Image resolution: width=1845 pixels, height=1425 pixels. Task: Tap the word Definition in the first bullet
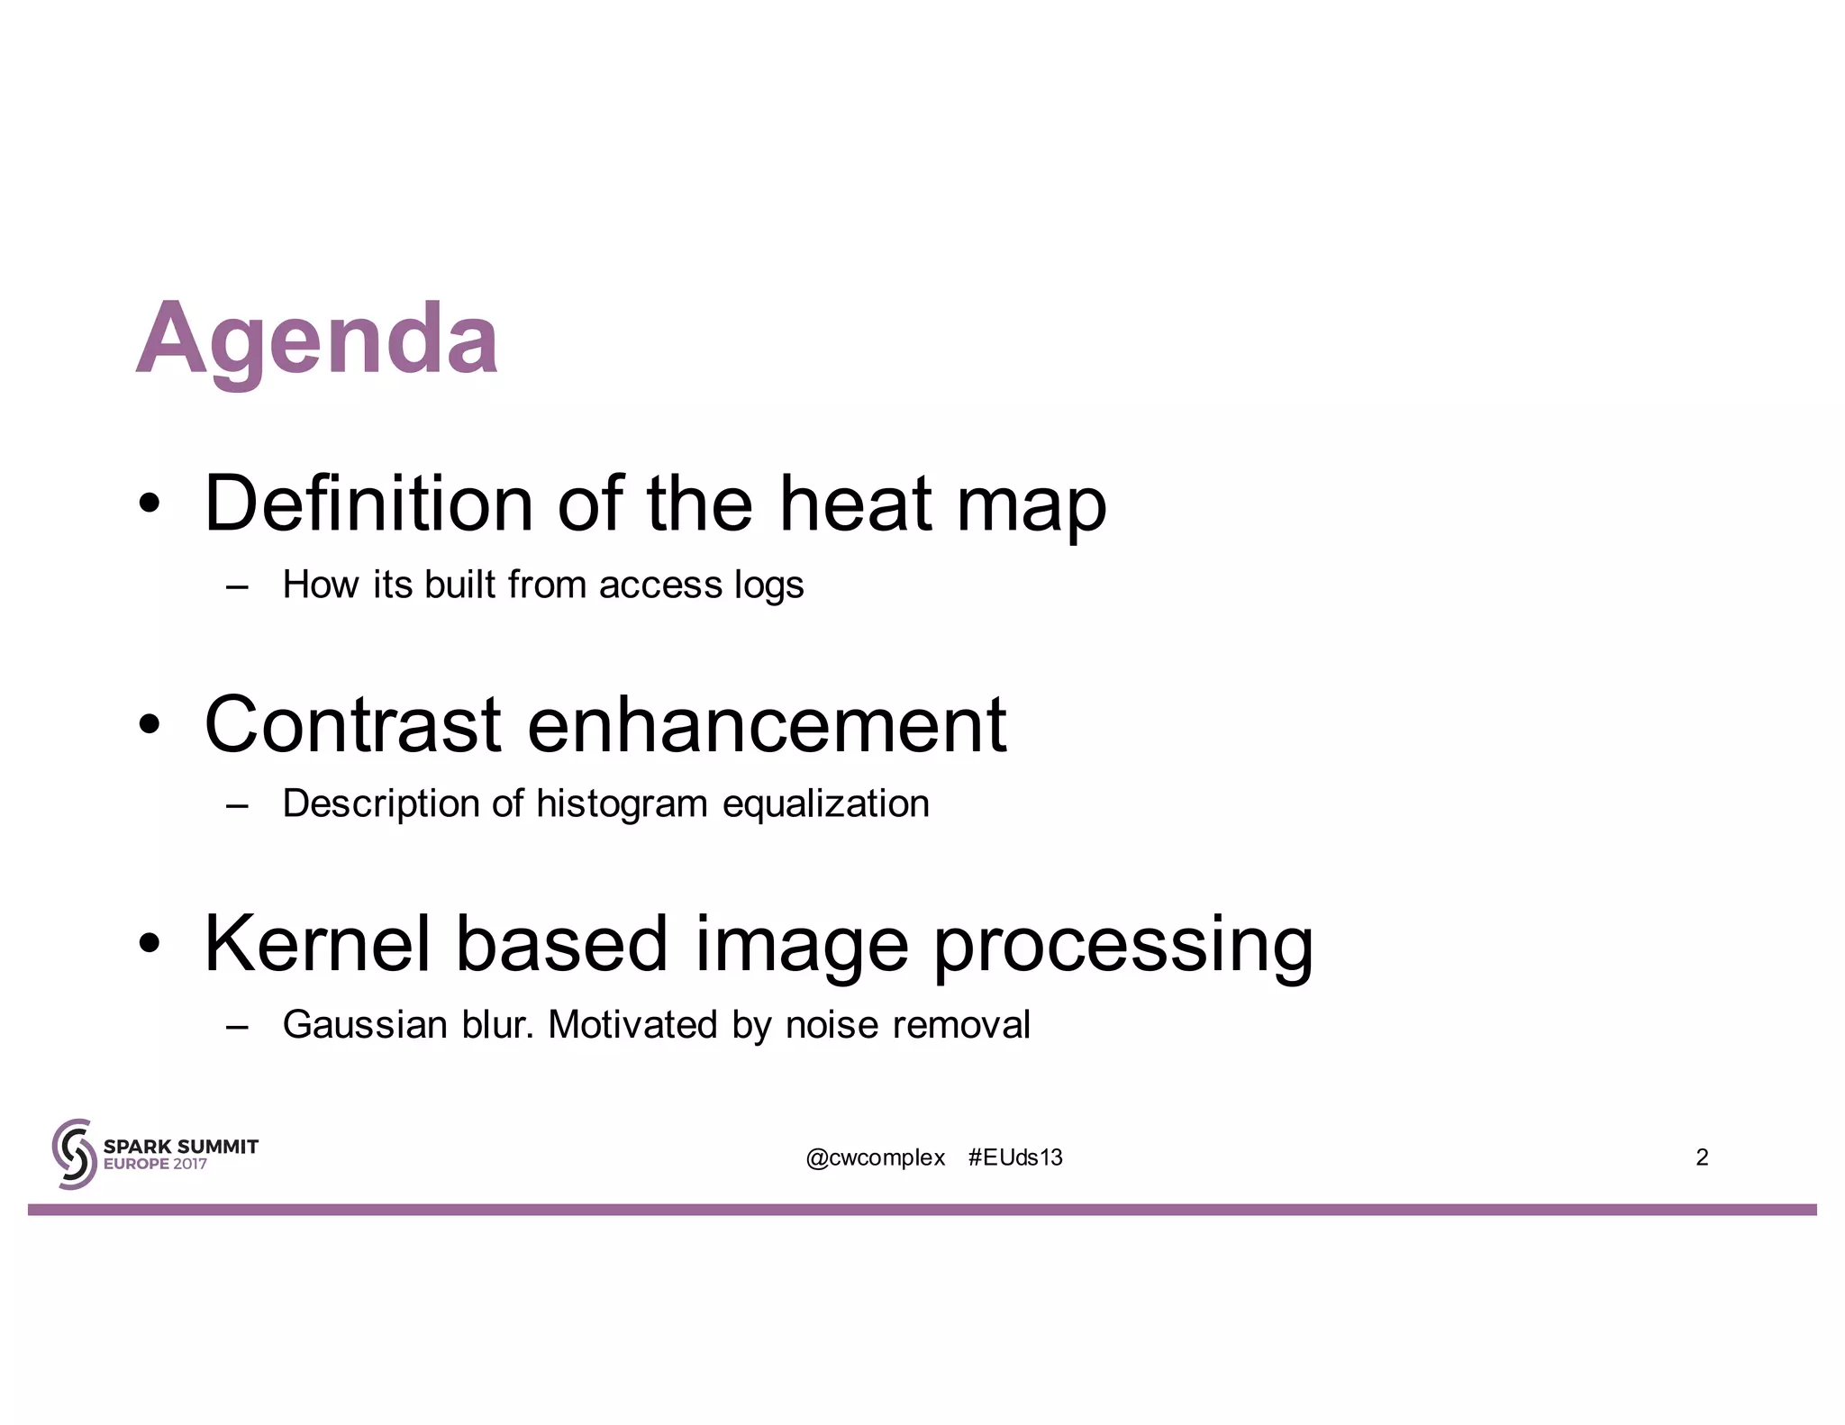tap(368, 504)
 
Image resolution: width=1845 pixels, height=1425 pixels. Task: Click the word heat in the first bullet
tap(855, 504)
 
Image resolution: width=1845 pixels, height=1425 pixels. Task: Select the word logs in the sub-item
tap(768, 585)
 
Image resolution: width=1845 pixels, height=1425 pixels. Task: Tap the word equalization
tap(826, 804)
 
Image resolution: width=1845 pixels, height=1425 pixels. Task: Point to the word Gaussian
tap(365, 1025)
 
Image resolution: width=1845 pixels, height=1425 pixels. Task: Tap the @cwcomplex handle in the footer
tap(876, 1157)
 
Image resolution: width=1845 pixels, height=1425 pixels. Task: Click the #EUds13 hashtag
tap(1015, 1157)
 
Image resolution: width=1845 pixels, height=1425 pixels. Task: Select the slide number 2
tap(1702, 1157)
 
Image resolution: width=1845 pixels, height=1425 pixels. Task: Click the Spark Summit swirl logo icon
tap(74, 1154)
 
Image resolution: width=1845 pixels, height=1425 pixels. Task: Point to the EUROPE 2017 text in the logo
tap(155, 1164)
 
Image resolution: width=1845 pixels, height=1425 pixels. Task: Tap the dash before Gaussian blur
tap(237, 1026)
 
